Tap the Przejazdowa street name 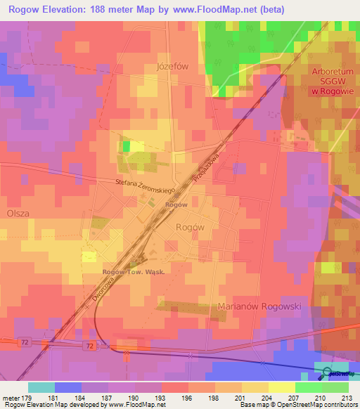tap(214, 164)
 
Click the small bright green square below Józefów tap(127, 146)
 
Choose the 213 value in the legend tap(346, 398)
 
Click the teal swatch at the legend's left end tap(41, 387)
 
